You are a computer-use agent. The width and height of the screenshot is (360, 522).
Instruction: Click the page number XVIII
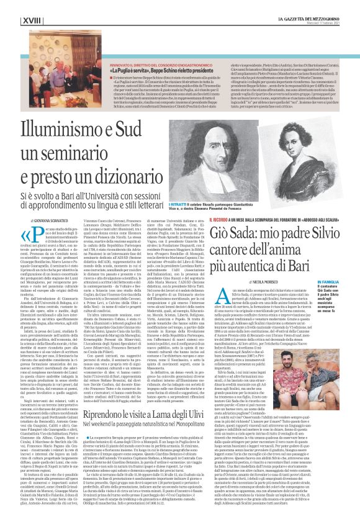(x=27, y=5)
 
